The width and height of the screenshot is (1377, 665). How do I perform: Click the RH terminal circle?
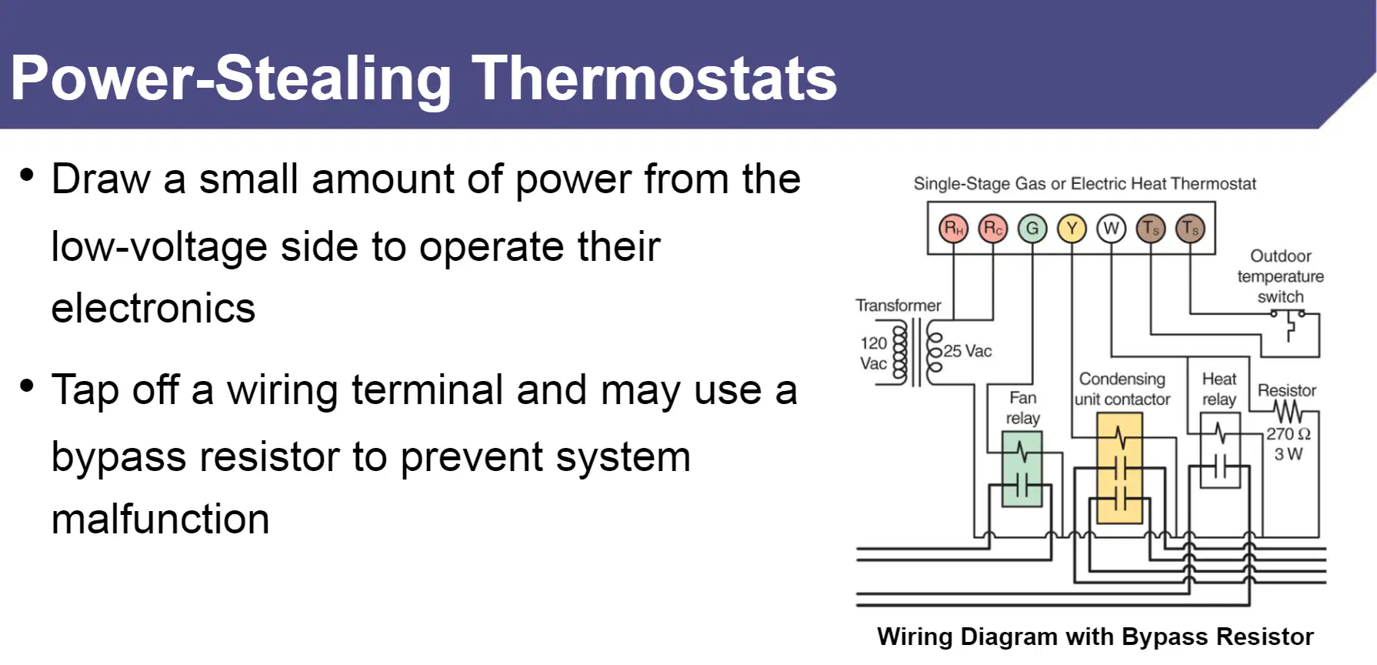coord(954,229)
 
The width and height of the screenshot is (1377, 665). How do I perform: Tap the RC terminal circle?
coord(993,229)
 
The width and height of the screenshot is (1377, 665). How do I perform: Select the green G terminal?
coord(1032,229)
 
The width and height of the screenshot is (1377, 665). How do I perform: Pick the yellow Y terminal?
coord(1072,229)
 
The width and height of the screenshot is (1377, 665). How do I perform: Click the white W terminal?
coord(1112,229)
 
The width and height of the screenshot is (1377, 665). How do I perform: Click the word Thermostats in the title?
coord(655,79)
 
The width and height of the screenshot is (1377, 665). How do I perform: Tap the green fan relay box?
coord(1022,469)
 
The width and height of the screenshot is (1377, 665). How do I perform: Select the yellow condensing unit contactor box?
coord(1119,469)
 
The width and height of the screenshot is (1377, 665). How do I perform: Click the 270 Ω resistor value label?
coord(1289,434)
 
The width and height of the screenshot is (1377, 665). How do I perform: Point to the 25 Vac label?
coord(968,351)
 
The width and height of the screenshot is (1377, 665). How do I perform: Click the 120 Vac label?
coord(874,353)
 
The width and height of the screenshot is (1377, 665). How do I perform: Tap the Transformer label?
coord(899,306)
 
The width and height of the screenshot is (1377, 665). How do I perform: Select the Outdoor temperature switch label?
coord(1281,276)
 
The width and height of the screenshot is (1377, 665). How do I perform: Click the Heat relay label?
coord(1219,389)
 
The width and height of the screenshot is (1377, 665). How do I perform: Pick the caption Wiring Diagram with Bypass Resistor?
coord(1095,637)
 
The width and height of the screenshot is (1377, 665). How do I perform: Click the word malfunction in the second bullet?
coord(161,519)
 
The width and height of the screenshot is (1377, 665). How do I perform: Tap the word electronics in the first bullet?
coord(154,309)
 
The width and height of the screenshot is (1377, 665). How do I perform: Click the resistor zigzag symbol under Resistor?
coord(1288,411)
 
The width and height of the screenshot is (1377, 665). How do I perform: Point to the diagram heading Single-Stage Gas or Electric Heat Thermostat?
coord(1085,184)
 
